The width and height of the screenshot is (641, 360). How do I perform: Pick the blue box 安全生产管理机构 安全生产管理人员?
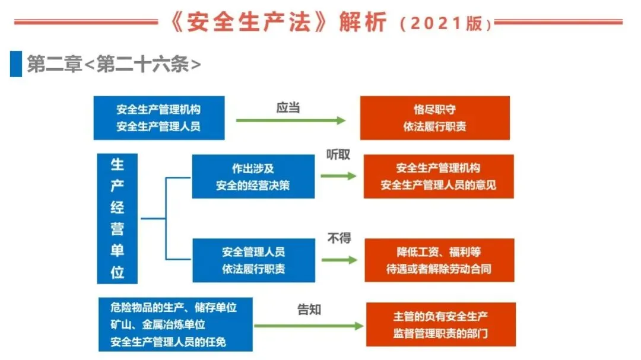pos(158,118)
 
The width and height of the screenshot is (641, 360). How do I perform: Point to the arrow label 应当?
pos(288,107)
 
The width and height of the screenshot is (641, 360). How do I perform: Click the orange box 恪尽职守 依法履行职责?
pos(434,118)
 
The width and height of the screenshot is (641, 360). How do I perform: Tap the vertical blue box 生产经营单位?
pos(117,219)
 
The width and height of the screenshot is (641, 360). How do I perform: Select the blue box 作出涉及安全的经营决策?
pos(253,177)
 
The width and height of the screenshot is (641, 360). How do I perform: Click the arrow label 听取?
pos(338,155)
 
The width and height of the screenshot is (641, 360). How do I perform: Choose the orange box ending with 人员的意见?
pos(438,177)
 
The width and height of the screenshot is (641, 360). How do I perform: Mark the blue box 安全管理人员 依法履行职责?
pos(253,260)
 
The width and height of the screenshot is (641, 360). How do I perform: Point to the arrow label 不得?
pos(339,238)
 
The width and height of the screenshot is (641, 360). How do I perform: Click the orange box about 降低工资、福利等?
pos(439,260)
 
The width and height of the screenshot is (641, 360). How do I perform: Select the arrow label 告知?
pos(309,309)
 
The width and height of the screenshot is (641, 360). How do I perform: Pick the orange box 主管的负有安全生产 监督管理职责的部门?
pos(440,324)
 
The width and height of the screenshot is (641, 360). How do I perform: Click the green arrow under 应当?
pos(291,121)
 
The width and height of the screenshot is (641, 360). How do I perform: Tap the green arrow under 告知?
pos(308,326)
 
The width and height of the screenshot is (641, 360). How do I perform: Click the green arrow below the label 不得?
pos(339,260)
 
